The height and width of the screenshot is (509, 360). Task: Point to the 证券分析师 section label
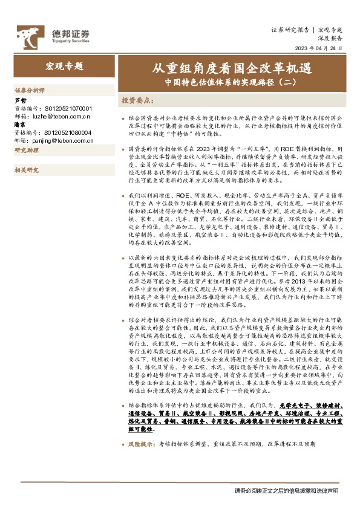(30, 89)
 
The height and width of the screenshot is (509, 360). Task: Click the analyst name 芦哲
(20, 100)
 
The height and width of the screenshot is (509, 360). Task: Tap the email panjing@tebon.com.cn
(64, 139)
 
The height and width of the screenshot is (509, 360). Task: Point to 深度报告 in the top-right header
(330, 37)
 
